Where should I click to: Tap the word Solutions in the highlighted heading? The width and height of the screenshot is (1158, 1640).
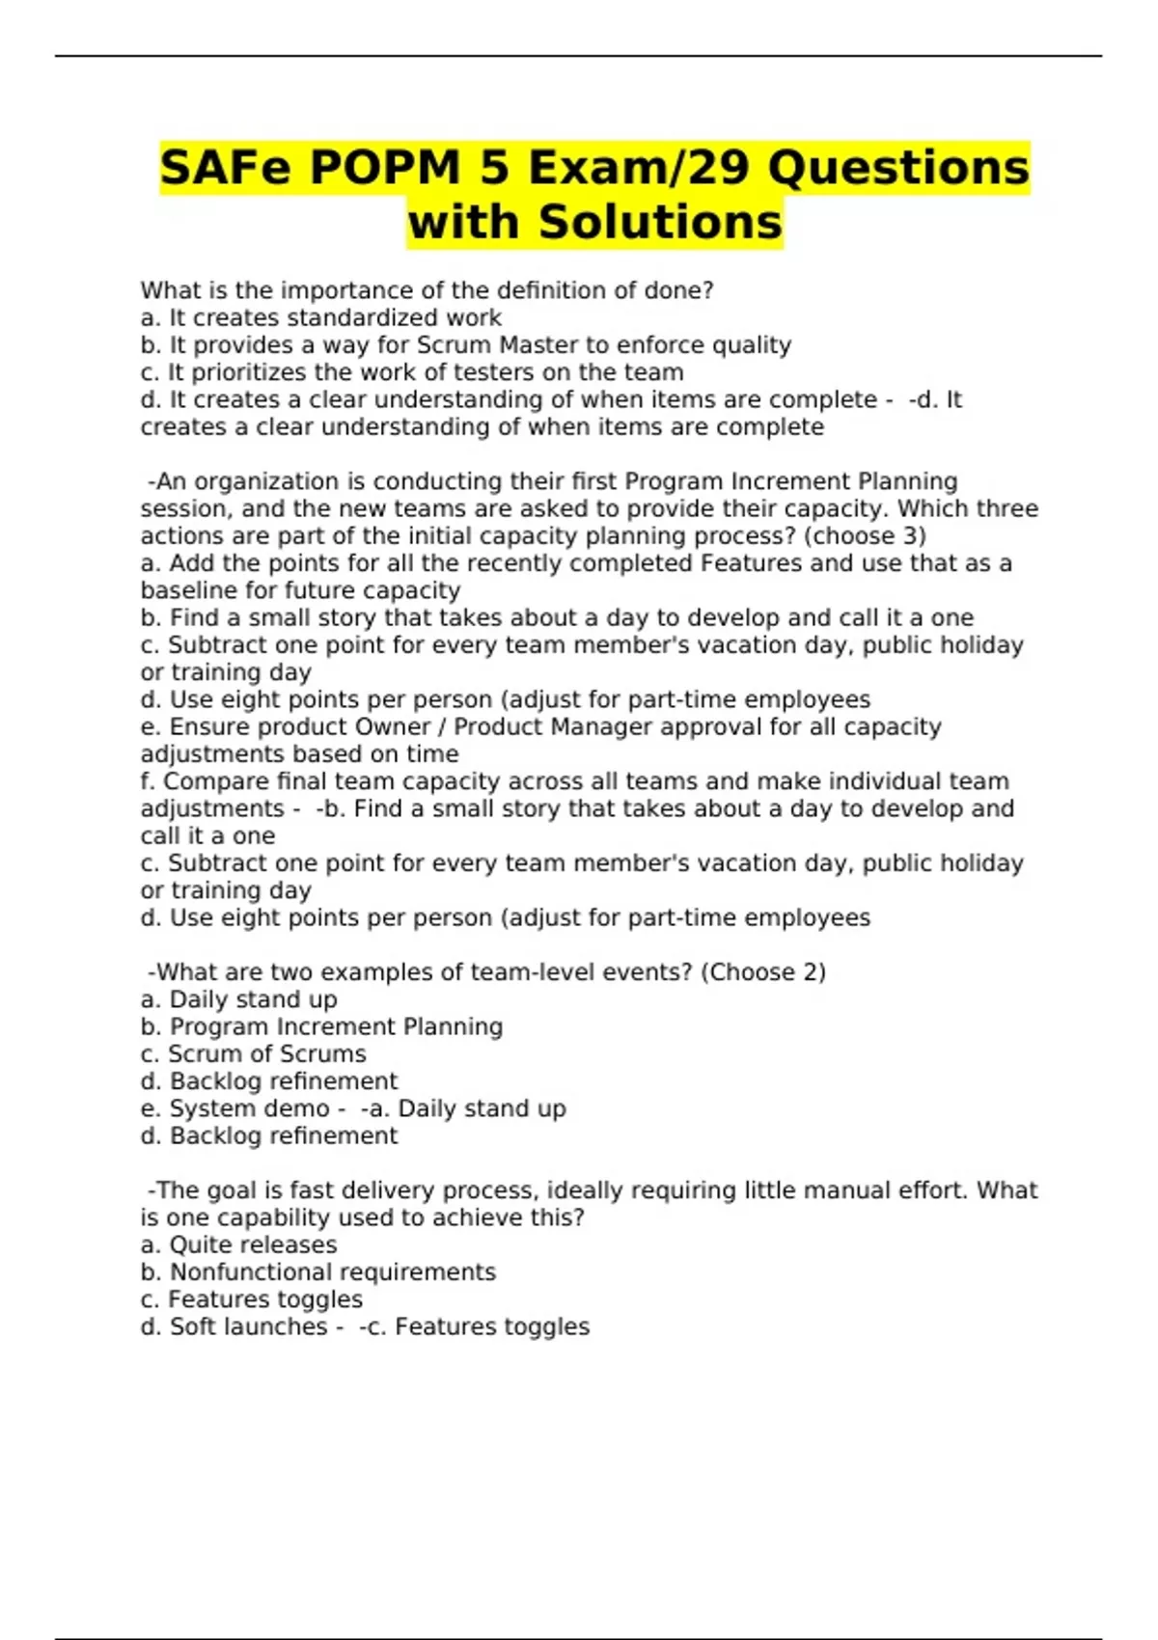pos(660,222)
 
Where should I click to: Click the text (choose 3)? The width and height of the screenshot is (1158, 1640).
pos(865,536)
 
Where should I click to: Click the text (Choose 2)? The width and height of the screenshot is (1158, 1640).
pos(762,972)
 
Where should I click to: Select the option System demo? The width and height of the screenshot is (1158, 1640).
pos(249,1109)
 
